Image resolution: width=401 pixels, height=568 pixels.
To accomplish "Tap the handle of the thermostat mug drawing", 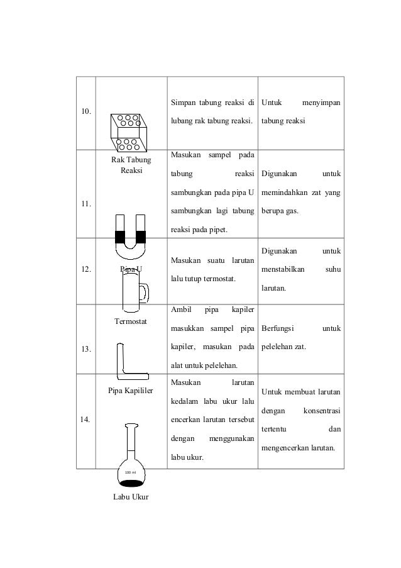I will click(x=145, y=292).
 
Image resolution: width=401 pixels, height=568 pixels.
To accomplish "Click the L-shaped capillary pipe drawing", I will click(x=128, y=365).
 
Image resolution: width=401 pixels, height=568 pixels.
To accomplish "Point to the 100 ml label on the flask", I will click(x=131, y=472).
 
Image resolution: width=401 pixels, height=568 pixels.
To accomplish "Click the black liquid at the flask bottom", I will click(x=131, y=483).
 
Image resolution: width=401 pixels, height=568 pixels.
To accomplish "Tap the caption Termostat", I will click(x=131, y=322).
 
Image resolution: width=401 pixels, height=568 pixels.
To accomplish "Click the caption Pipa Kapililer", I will click(x=131, y=390).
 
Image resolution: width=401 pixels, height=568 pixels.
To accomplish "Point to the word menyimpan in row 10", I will click(x=321, y=102).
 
